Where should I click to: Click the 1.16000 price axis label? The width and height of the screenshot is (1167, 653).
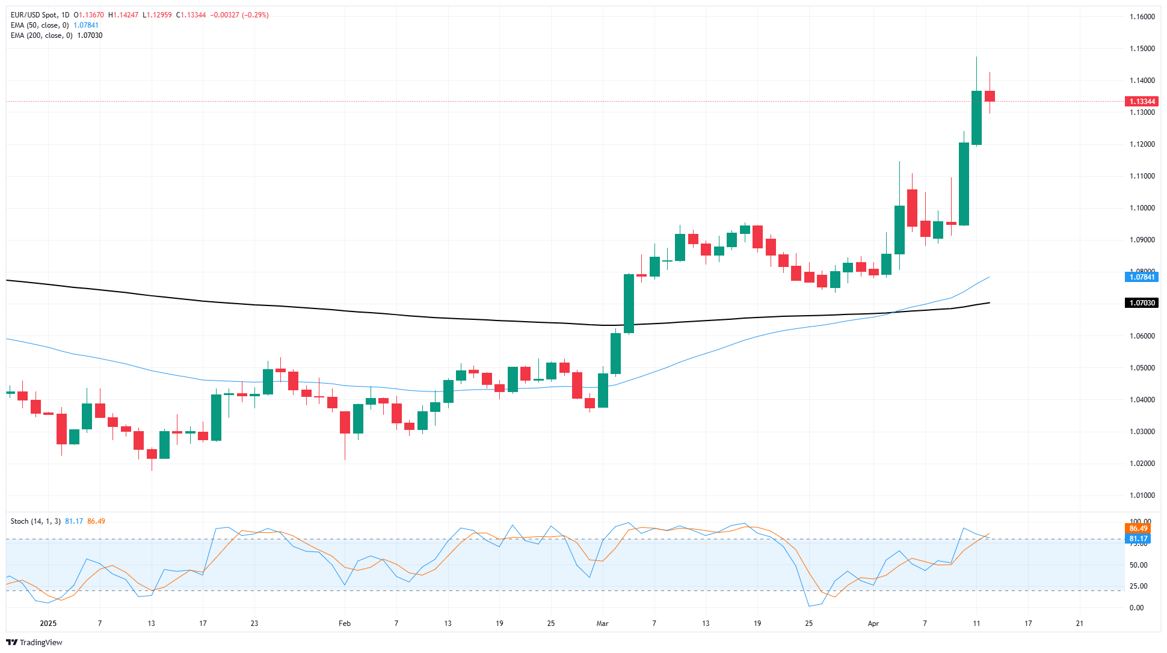(1142, 17)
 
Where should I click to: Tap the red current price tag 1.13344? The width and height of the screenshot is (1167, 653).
(1141, 102)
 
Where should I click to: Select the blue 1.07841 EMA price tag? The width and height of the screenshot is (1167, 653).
(1141, 277)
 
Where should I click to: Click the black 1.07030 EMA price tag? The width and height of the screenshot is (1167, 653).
(1141, 303)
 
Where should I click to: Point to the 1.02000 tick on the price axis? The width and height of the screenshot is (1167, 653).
(1142, 464)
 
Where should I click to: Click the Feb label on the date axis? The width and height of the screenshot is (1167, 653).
(344, 624)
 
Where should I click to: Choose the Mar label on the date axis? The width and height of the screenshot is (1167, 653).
(602, 624)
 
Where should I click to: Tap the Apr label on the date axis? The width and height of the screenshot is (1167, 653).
(873, 624)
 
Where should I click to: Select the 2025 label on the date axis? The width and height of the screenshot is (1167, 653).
(48, 624)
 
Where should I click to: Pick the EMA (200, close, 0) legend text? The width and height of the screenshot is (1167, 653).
(41, 35)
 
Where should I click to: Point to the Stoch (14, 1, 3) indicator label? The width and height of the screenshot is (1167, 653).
(35, 521)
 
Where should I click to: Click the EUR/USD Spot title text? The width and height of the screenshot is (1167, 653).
(35, 15)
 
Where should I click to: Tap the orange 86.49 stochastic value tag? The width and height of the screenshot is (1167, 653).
(1138, 529)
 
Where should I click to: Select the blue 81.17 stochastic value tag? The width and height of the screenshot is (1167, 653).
(1138, 539)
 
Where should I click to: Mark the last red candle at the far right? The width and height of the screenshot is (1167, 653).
(990, 96)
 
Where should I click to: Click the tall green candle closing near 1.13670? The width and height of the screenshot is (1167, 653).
(976, 118)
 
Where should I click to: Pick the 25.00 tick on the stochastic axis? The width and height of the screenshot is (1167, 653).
(1138, 586)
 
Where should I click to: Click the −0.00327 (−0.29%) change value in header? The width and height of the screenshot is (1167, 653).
(239, 15)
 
